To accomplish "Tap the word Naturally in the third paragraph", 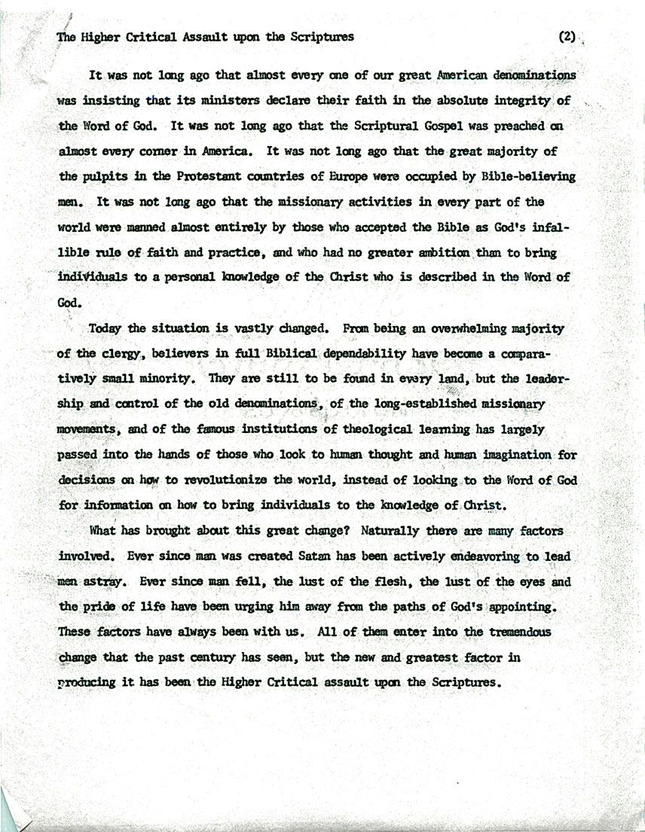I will tap(394, 532).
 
